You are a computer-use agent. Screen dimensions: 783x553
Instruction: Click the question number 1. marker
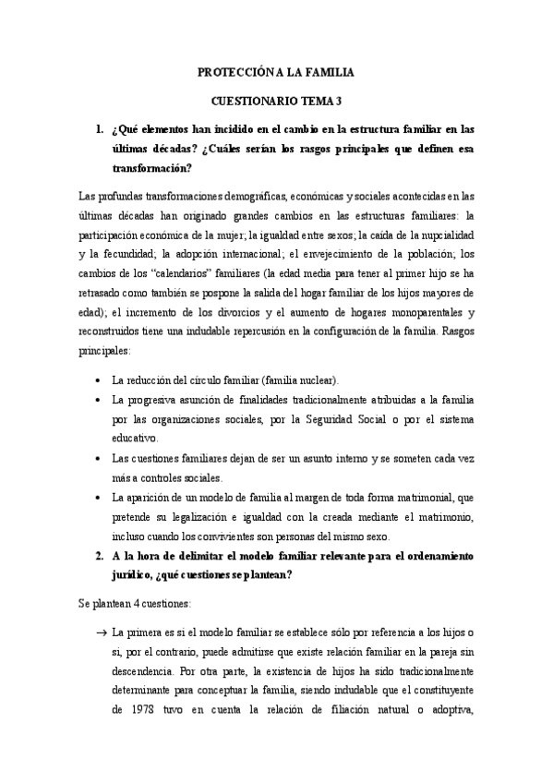coord(100,130)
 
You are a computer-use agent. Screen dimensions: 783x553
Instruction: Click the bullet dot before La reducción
coord(99,379)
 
